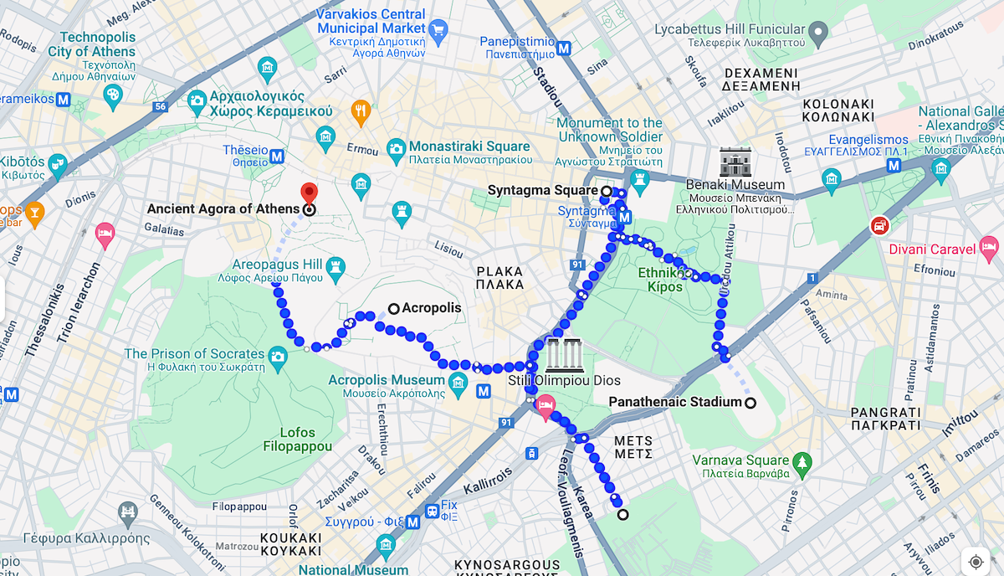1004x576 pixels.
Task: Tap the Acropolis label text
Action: point(431,308)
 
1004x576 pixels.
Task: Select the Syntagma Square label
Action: point(543,191)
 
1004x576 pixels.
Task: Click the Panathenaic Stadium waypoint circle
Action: point(750,403)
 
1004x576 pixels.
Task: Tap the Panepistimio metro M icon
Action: point(565,48)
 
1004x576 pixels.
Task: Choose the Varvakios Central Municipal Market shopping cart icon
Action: point(438,32)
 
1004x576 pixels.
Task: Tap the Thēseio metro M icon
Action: point(277,156)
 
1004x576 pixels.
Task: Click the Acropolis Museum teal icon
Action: point(458,385)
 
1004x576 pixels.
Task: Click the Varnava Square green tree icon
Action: point(802,461)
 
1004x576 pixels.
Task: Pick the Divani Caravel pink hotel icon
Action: point(989,247)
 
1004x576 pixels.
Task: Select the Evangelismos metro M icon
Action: point(894,166)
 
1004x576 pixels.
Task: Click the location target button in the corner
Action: point(976,561)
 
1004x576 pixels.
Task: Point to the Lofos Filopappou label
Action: point(287,440)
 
